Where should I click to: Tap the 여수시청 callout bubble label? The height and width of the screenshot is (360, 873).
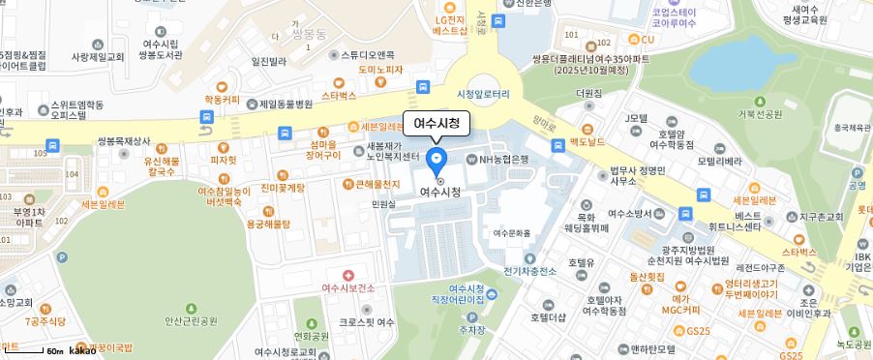[x=436, y=123]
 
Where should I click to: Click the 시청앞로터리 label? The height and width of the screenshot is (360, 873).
[x=489, y=93]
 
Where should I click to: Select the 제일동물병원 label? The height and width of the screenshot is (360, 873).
[x=286, y=104]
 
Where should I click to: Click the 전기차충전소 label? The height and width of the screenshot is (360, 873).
[x=529, y=271]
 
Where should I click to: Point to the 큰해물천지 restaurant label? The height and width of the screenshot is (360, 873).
[x=377, y=184]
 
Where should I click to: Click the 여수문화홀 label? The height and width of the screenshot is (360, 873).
[x=512, y=232]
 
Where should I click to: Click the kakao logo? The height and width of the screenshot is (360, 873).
[x=81, y=349]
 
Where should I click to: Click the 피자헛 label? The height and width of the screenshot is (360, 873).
[x=224, y=160]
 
